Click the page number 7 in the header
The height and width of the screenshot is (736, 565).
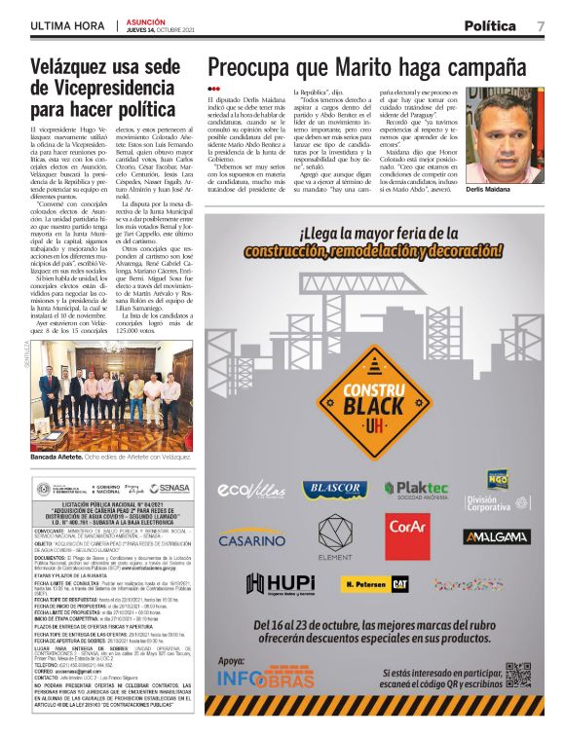coord(541,25)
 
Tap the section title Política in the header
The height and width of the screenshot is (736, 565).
coord(490,25)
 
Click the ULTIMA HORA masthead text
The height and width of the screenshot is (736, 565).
coord(67,25)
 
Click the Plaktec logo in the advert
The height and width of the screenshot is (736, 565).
coord(417,488)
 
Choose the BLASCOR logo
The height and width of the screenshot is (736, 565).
coord(334,489)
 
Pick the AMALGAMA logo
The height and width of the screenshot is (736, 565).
coord(496,536)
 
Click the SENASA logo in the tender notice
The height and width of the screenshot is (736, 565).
coord(170,488)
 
